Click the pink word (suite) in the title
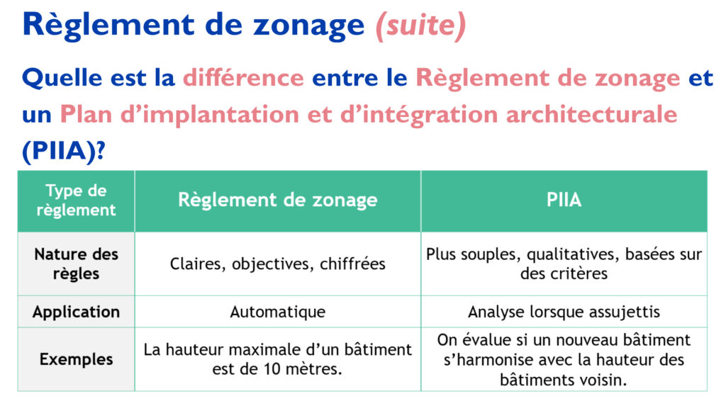(x=420, y=25)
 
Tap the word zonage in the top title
(x=309, y=25)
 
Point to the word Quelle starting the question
(x=62, y=77)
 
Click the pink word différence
(x=244, y=77)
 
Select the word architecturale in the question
(x=592, y=114)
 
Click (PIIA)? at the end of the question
(x=64, y=151)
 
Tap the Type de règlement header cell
(x=76, y=200)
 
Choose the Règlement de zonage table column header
(x=278, y=200)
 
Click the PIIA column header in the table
(x=564, y=200)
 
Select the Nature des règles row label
(x=76, y=263)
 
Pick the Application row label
(x=76, y=312)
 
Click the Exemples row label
(x=76, y=359)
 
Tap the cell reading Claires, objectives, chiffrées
(x=278, y=263)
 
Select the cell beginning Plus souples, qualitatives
(x=564, y=263)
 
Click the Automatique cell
(x=278, y=312)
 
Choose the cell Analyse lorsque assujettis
(x=564, y=312)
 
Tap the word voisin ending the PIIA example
(x=604, y=380)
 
